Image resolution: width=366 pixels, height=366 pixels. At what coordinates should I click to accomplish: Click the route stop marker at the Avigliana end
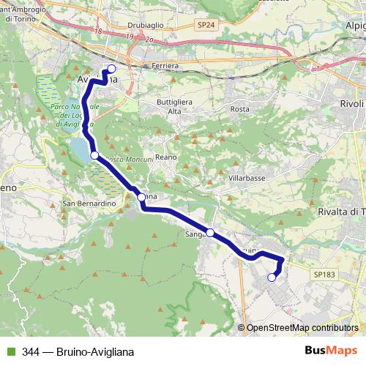click(112, 70)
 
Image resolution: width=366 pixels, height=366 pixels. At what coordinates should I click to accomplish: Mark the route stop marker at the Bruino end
click(272, 277)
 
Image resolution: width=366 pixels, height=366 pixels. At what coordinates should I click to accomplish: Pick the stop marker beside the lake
click(94, 154)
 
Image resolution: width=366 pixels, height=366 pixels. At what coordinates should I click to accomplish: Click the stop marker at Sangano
click(210, 233)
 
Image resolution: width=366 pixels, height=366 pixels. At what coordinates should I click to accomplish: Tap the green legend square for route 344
click(10, 349)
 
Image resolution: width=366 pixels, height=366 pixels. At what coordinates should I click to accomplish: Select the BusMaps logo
click(330, 348)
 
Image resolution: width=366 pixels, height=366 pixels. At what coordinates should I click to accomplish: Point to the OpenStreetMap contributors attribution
click(302, 327)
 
